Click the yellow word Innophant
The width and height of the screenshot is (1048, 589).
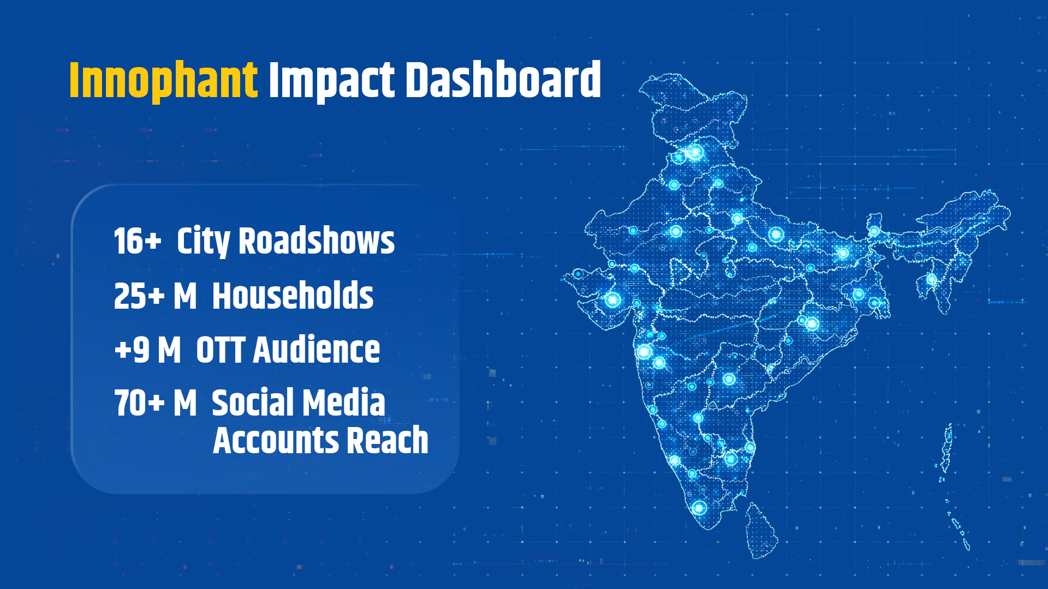coord(163,80)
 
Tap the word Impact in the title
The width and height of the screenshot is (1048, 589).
coord(331,81)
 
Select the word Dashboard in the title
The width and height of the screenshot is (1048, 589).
coord(503,80)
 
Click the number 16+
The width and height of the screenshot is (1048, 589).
coord(138,241)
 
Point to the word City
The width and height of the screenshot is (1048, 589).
coord(203,242)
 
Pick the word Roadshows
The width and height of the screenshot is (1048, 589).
coord(317,241)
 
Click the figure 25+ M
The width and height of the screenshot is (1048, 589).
coord(155,296)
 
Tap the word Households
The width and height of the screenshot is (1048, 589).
coord(293,296)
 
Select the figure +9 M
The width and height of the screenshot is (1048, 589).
coord(147,350)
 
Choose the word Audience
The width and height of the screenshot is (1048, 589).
coord(317,349)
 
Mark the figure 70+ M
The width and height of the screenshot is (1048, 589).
coord(155,403)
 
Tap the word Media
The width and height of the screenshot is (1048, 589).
coord(342,402)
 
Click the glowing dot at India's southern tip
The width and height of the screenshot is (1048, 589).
coord(699,508)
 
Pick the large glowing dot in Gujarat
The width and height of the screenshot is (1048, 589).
coord(612,299)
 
